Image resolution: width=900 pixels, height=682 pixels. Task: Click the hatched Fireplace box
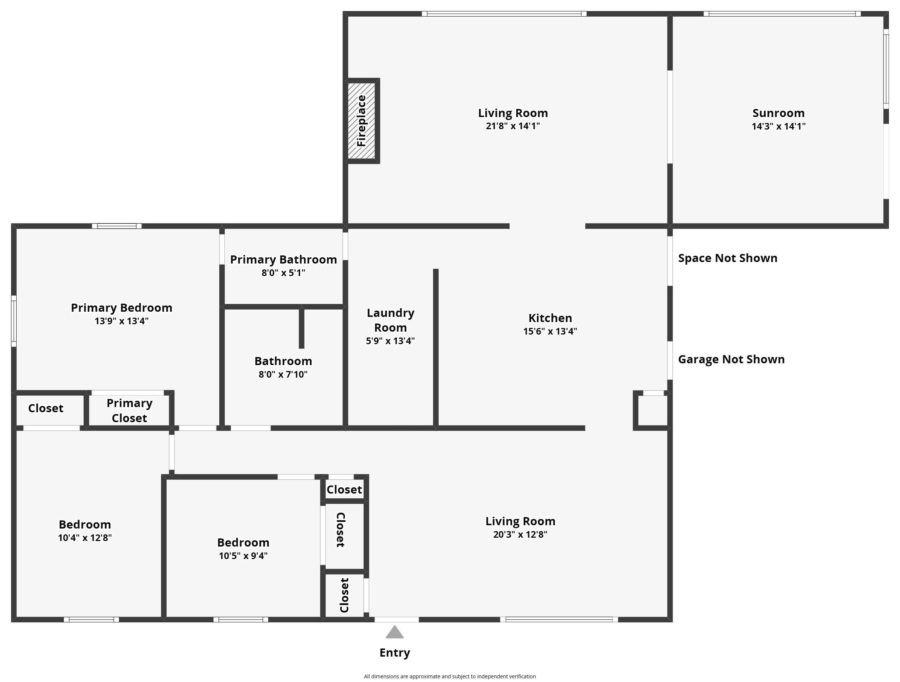[361, 121]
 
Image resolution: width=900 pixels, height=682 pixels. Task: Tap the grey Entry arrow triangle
[394, 633]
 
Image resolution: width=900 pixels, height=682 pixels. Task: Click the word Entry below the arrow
[394, 653]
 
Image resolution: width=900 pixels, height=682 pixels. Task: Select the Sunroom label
[778, 113]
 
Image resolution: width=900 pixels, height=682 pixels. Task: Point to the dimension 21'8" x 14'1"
[512, 126]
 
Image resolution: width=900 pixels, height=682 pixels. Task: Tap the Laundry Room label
[390, 320]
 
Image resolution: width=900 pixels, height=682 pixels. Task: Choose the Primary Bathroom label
[283, 260]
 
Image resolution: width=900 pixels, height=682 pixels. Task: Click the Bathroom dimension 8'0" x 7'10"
[283, 374]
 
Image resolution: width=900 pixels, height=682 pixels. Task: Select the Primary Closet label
[129, 410]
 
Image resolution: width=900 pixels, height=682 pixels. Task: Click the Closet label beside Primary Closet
[46, 408]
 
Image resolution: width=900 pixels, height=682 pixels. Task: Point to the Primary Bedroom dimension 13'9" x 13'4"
[121, 321]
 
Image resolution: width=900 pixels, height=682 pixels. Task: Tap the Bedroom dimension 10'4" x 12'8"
[85, 538]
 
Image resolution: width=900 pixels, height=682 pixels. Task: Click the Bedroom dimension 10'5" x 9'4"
[243, 556]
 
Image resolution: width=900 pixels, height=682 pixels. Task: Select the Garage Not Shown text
[731, 359]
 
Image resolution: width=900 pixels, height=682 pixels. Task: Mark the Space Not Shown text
[728, 258]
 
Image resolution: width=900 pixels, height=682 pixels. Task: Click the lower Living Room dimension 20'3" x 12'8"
[520, 534]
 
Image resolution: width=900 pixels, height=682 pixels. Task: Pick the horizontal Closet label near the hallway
[344, 490]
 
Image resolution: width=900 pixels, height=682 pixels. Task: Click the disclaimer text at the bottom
[450, 676]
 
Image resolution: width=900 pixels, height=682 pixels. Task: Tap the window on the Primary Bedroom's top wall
[116, 226]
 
